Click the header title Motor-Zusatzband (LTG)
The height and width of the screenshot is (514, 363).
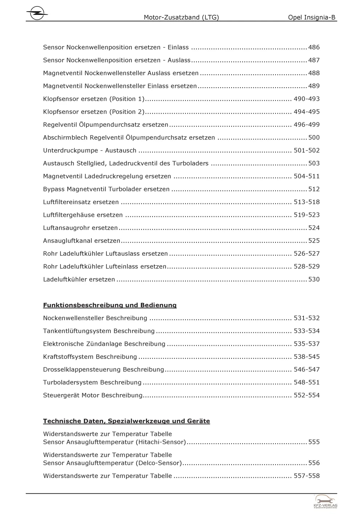pyautogui.click(x=181, y=17)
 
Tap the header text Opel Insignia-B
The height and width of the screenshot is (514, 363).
pyautogui.click(x=311, y=17)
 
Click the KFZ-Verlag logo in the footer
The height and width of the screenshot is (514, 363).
pyautogui.click(x=325, y=502)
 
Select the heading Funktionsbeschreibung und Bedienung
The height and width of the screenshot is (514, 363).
pyautogui.click(x=110, y=305)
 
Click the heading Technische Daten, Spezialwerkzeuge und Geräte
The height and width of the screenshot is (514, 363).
pyautogui.click(x=126, y=421)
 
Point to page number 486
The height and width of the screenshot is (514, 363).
pyautogui.click(x=314, y=47)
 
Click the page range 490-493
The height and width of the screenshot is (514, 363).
pyautogui.click(x=306, y=99)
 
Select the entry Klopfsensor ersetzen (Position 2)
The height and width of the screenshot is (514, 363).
pyautogui.click(x=94, y=112)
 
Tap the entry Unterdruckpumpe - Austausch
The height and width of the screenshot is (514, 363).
pyautogui.click(x=90, y=150)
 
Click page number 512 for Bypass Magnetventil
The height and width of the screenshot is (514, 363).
pyautogui.click(x=314, y=189)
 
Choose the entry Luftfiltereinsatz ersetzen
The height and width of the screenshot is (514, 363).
pyautogui.click(x=81, y=202)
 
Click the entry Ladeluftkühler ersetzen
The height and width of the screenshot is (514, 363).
pyautogui.click(x=79, y=279)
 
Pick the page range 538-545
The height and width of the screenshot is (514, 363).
pyautogui.click(x=306, y=357)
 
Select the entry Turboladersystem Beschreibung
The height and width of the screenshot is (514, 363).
pyautogui.click(x=92, y=383)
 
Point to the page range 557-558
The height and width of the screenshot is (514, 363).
pyautogui.click(x=306, y=476)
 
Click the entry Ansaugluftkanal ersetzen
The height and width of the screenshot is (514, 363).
pyautogui.click(x=82, y=241)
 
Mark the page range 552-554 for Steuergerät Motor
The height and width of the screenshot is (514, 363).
pyautogui.click(x=306, y=395)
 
